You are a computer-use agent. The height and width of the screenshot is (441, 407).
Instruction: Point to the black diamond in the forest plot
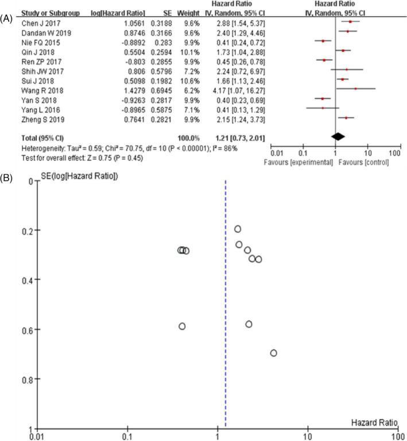point(338,136)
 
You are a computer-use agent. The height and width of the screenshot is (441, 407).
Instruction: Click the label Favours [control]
point(363,163)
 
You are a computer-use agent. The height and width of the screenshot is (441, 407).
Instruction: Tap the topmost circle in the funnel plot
point(238,229)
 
